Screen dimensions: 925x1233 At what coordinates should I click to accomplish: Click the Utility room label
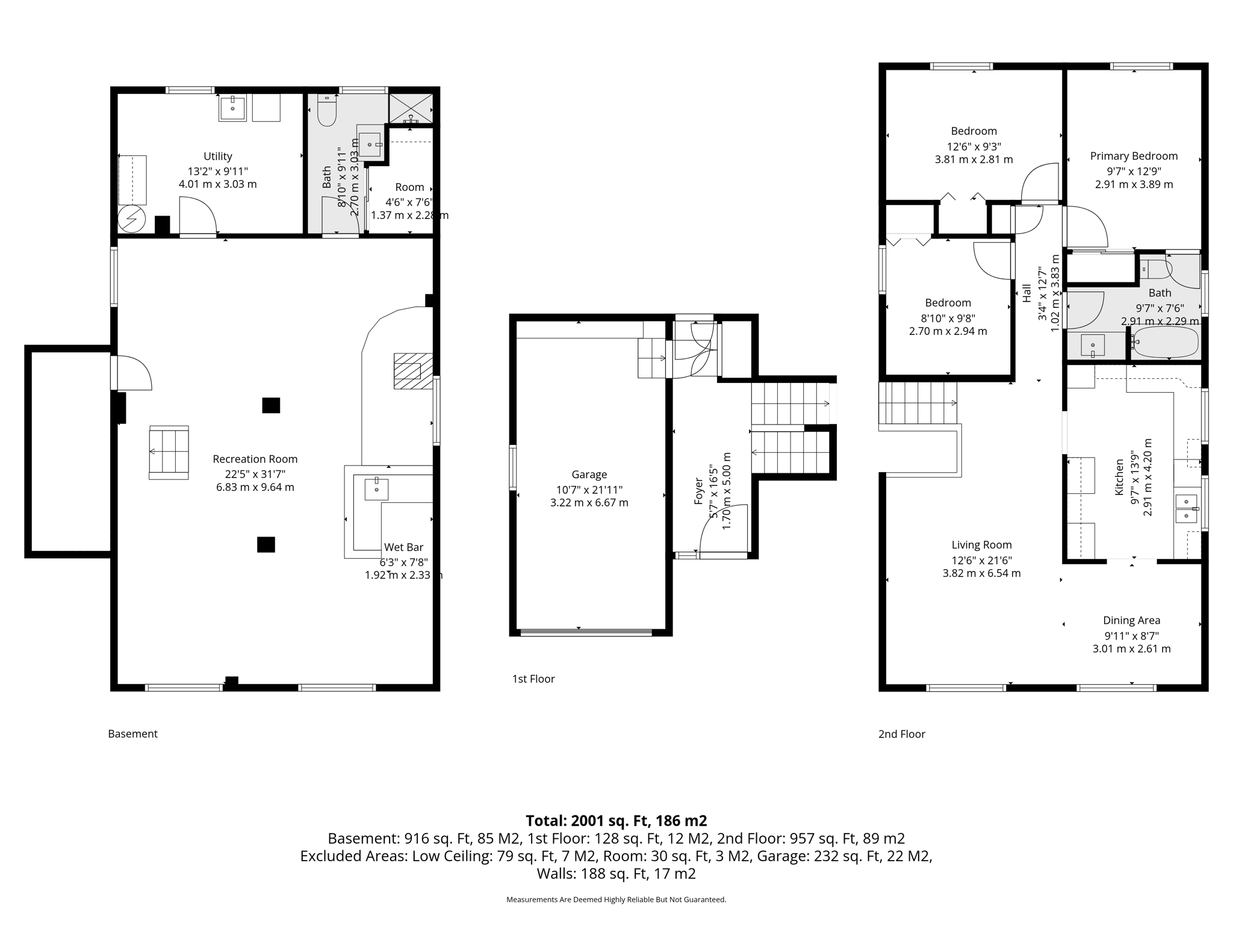[217, 157]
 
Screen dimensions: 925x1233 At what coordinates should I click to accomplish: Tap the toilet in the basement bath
[326, 110]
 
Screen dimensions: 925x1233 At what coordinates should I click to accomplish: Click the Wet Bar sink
[376, 489]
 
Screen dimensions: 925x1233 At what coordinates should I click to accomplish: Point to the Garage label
[589, 475]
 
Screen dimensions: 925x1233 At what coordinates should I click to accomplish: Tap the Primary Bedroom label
[1133, 157]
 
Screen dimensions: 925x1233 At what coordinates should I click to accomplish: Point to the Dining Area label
[1131, 620]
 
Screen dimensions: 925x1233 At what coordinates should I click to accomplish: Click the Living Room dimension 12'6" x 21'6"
[981, 560]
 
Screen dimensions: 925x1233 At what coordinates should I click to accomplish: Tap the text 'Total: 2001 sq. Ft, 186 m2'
[616, 821]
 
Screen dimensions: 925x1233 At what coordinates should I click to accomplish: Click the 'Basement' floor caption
[132, 733]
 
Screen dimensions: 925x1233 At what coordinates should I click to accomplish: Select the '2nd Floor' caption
[901, 734]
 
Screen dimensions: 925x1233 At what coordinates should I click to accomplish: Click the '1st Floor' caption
[533, 679]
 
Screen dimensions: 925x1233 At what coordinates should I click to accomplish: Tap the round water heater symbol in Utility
[131, 219]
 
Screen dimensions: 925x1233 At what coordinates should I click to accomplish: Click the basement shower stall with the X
[411, 108]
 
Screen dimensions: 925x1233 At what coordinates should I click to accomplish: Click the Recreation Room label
[255, 459]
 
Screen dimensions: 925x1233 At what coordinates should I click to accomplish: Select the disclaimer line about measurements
[616, 900]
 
